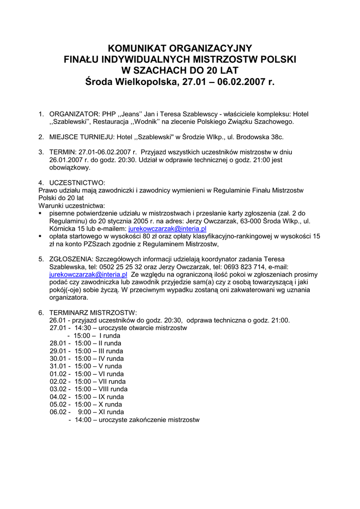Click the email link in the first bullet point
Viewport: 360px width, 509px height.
(167, 229)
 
